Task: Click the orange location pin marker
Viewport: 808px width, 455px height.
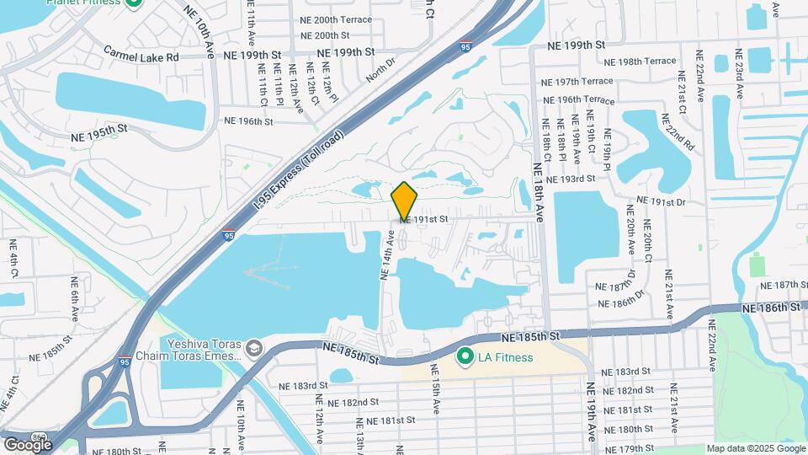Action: coord(405,202)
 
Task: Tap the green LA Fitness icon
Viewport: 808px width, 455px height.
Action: coord(464,357)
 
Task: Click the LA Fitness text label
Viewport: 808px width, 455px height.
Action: coord(505,357)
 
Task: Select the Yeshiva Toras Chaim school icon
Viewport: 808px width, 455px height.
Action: coord(253,348)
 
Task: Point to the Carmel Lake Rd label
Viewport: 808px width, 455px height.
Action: coord(142,56)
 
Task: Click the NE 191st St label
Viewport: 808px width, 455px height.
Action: coord(423,219)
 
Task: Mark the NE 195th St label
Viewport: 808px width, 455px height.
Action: coord(98,128)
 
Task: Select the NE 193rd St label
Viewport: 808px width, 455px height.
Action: coord(570,179)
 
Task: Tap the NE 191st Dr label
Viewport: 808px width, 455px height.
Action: coord(662,201)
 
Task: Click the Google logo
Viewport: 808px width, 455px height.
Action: coord(28,444)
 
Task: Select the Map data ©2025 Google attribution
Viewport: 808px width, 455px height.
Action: coord(755,448)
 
